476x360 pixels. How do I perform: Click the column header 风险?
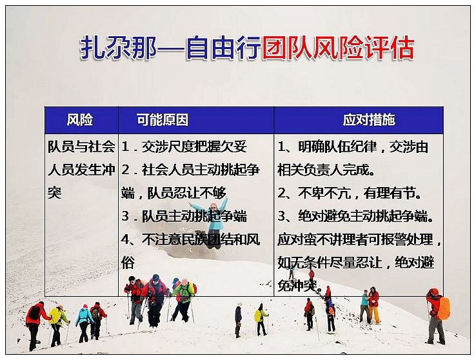(80, 119)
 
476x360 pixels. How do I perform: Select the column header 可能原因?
(163, 119)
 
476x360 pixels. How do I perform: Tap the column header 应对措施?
(369, 119)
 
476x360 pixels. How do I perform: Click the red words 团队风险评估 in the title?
(338, 48)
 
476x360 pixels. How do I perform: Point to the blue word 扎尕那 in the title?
(119, 48)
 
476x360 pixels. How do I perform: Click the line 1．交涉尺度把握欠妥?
(184, 146)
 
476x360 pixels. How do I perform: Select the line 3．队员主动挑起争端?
(184, 216)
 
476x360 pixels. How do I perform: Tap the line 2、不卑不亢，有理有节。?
(350, 193)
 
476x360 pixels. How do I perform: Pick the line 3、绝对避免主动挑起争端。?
(355, 216)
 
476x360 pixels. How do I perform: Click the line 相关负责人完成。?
(326, 170)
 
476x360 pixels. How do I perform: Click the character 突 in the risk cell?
(55, 193)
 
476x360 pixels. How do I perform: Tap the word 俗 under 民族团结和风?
(128, 263)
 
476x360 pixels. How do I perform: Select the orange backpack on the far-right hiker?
(444, 308)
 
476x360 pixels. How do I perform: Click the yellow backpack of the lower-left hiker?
(54, 316)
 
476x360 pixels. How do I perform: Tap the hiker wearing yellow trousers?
(373, 305)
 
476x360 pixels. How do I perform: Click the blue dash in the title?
(171, 48)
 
